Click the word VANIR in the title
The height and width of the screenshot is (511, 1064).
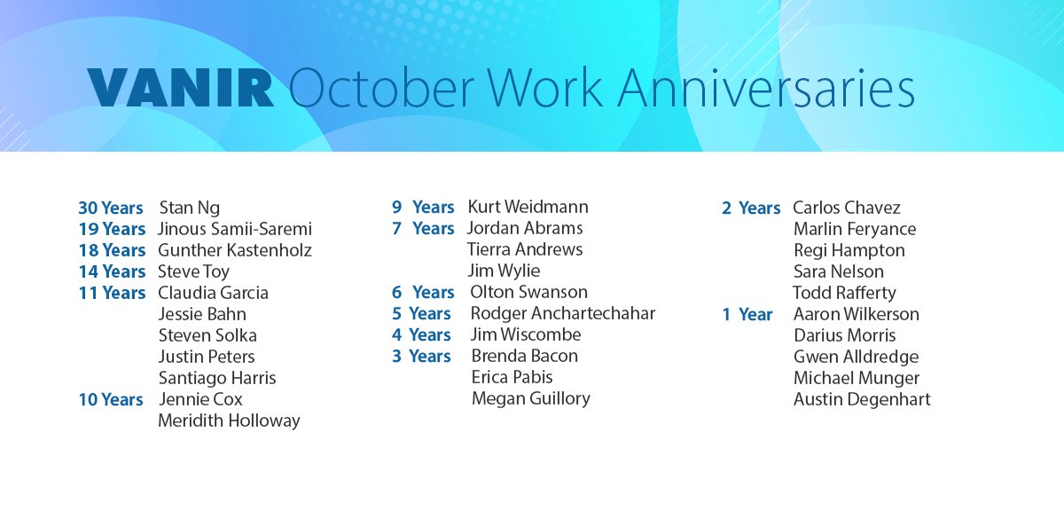[180, 90]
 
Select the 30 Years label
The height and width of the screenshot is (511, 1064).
[111, 208]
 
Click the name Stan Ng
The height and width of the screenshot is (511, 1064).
[189, 208]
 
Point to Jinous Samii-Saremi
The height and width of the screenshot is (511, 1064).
[235, 229]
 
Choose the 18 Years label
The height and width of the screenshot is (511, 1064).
[112, 250]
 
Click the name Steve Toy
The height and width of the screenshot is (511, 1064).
[193, 271]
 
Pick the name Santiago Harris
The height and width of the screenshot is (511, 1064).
[217, 378]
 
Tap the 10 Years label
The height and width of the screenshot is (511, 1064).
[111, 399]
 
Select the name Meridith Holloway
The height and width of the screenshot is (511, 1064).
[229, 421]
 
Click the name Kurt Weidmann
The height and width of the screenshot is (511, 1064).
[528, 207]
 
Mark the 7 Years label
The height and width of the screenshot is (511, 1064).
[423, 228]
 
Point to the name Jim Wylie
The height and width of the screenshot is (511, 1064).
[503, 271]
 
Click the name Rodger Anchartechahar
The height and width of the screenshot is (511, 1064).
[563, 313]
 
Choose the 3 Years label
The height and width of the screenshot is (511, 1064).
[421, 356]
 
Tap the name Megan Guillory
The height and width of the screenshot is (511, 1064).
[530, 398]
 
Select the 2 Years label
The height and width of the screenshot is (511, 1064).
[751, 208]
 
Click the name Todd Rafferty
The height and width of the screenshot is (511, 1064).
[844, 293]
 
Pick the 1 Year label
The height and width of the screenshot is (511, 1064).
[747, 314]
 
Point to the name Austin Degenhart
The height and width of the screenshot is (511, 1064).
[862, 399]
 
